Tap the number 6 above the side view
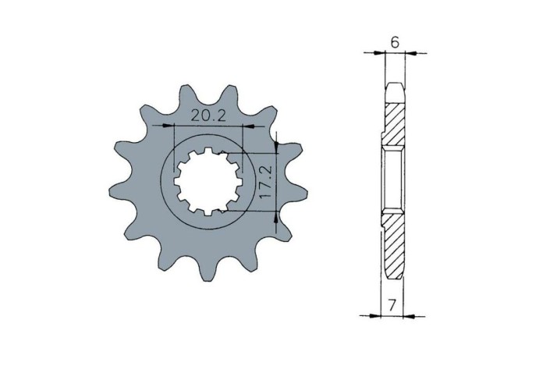pos(396,43)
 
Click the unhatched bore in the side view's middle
pos(392,181)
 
